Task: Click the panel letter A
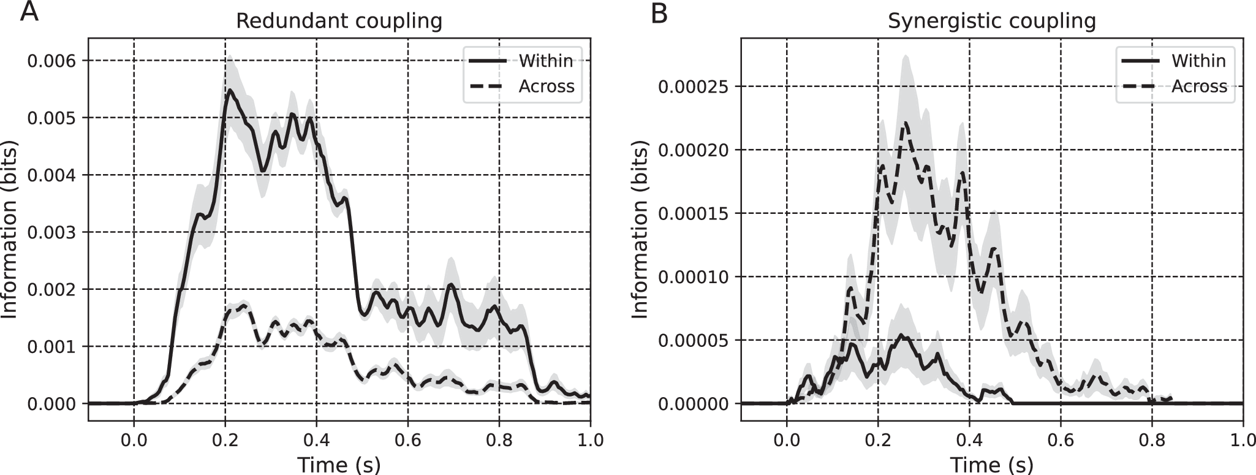(x=29, y=12)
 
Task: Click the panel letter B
(x=659, y=12)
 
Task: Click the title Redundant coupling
(x=339, y=21)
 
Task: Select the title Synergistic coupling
(x=991, y=21)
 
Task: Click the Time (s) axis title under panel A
(x=339, y=464)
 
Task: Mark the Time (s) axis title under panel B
(x=991, y=464)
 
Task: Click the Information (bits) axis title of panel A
(x=10, y=229)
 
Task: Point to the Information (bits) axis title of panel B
(x=640, y=229)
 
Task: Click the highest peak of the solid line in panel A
(x=229, y=90)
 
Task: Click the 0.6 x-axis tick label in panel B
(x=1060, y=439)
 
